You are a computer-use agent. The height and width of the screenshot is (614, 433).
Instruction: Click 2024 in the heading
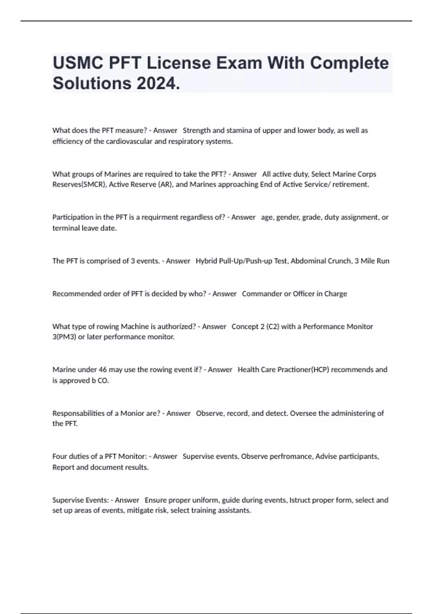pos(158,83)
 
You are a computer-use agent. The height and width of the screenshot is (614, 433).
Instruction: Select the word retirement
pos(350,185)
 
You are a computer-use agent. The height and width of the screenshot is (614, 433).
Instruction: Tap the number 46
pos(102,369)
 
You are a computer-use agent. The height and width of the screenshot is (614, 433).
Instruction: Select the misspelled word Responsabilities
pos(78,413)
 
